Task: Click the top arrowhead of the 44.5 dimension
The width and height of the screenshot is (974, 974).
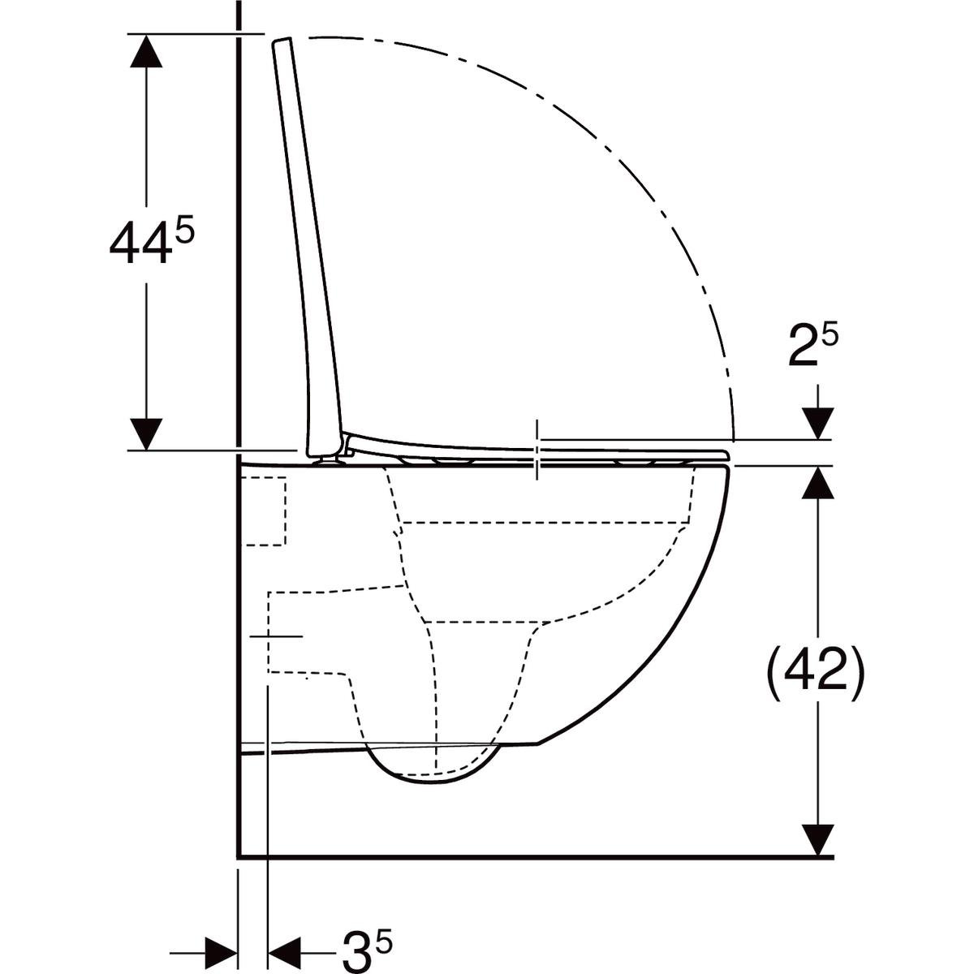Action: [146, 51]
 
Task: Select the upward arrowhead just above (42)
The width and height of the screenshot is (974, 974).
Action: [818, 484]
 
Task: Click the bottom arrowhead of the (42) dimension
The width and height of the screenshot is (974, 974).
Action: [818, 838]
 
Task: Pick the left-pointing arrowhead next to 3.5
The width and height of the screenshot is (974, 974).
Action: [283, 948]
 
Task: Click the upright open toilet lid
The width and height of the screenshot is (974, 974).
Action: [304, 243]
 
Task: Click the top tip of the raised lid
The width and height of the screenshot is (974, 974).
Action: [282, 41]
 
